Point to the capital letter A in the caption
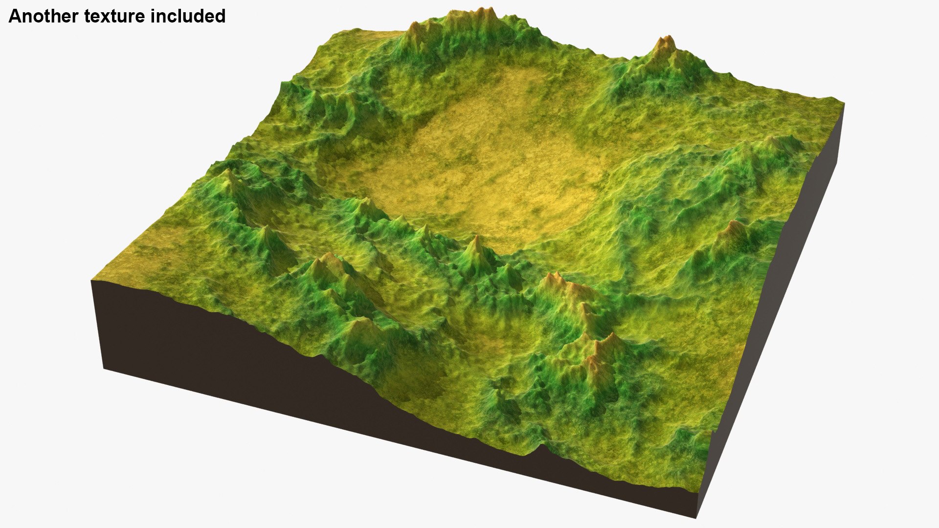click(x=15, y=16)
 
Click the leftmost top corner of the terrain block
click(x=92, y=281)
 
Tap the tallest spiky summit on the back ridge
click(x=485, y=12)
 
